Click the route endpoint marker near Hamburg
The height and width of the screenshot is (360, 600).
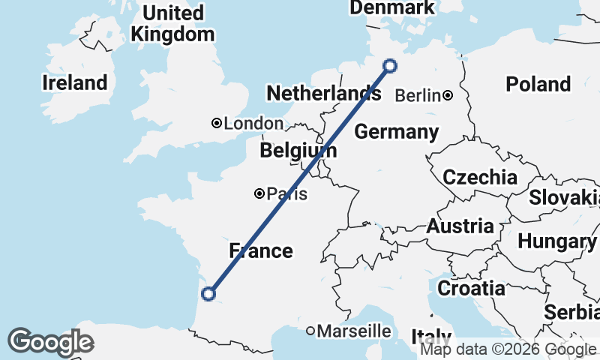coord(390,66)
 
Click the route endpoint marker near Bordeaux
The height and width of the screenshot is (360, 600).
coord(209,294)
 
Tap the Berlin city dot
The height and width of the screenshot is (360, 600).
coord(448,95)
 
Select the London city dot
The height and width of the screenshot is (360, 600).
coord(216,123)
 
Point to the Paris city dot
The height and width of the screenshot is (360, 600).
coord(259,193)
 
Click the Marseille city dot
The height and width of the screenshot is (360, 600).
coord(310,331)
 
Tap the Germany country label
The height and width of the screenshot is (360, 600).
coord(396,133)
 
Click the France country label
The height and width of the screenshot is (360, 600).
coord(260,250)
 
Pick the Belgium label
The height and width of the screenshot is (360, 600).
coord(298,151)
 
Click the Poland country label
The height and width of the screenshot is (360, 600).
coord(538,84)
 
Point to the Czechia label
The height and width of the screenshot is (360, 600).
coord(479,178)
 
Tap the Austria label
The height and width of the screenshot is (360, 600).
coord(460,226)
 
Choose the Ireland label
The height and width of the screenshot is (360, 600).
coord(74,82)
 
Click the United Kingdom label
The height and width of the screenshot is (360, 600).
coord(172,23)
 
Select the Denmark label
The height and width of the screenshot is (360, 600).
coord(392,7)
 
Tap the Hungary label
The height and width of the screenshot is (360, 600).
coord(556,241)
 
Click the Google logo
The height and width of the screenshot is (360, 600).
coord(50,342)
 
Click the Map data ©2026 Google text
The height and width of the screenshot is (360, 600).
coord(508,349)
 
